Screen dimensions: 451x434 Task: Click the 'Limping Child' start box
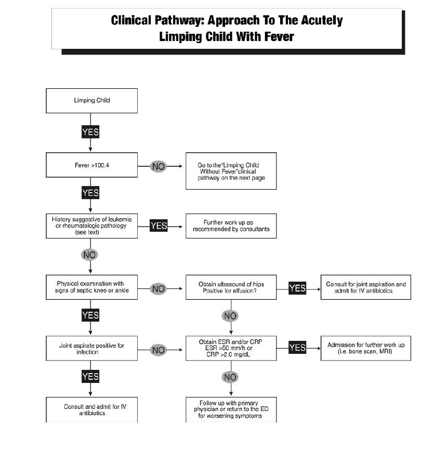(x=91, y=100)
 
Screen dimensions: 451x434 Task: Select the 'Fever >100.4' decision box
(x=91, y=166)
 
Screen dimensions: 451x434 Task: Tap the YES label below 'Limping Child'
(x=90, y=132)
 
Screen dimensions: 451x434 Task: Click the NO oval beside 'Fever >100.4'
(x=158, y=166)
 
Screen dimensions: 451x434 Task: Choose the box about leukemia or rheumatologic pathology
(x=91, y=225)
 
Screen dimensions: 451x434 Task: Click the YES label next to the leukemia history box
(x=159, y=225)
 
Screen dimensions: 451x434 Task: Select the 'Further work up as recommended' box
(x=231, y=225)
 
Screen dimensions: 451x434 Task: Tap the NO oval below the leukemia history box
(x=89, y=255)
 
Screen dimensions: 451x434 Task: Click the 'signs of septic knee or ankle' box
(x=91, y=287)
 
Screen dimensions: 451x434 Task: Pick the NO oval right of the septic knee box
(x=158, y=288)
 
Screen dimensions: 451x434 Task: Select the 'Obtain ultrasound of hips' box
(x=231, y=287)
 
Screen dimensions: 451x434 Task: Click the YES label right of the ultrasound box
(x=297, y=288)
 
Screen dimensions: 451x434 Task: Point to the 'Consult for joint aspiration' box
(x=365, y=287)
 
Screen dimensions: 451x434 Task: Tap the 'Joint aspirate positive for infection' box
(x=91, y=348)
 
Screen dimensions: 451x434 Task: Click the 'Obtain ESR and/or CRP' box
(x=231, y=348)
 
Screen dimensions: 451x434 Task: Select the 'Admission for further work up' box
(x=365, y=348)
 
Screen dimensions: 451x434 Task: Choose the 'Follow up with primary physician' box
(x=231, y=409)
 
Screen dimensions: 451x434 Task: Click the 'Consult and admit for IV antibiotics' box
(x=91, y=409)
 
